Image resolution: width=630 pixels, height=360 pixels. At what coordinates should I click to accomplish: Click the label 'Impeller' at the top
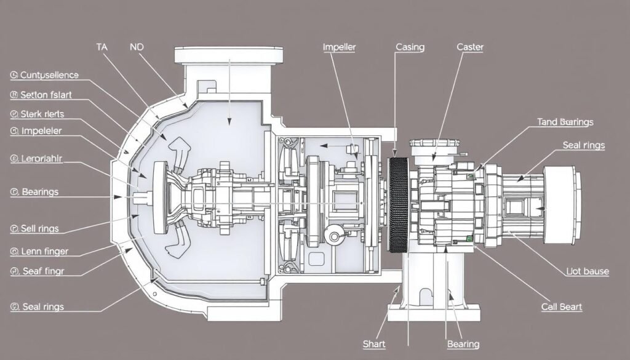(x=339, y=46)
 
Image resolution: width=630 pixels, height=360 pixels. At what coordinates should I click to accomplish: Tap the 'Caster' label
(x=470, y=46)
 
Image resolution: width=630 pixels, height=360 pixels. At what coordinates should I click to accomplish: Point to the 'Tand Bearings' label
(x=565, y=122)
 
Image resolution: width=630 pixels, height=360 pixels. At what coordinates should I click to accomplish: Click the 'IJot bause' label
(x=588, y=271)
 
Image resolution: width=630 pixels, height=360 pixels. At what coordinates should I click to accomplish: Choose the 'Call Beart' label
(x=562, y=306)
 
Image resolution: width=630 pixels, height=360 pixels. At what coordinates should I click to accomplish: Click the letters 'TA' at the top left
(x=103, y=46)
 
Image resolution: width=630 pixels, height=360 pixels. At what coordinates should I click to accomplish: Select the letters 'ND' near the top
(x=138, y=46)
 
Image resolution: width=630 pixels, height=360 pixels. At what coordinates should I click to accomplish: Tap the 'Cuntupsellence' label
(x=49, y=75)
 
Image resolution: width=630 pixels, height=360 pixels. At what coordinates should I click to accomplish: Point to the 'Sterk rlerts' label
(x=42, y=114)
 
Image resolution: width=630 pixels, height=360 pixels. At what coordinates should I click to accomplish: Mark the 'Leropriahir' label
(x=42, y=158)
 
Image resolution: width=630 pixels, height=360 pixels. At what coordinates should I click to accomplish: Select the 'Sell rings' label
(x=40, y=228)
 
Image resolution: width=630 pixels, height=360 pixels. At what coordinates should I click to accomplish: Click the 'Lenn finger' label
(x=44, y=251)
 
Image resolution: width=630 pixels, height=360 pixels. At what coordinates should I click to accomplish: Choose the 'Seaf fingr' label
(x=42, y=270)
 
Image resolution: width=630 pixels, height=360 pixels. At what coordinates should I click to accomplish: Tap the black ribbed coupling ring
(x=399, y=205)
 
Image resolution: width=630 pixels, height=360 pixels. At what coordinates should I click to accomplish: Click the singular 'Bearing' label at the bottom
(x=463, y=344)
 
